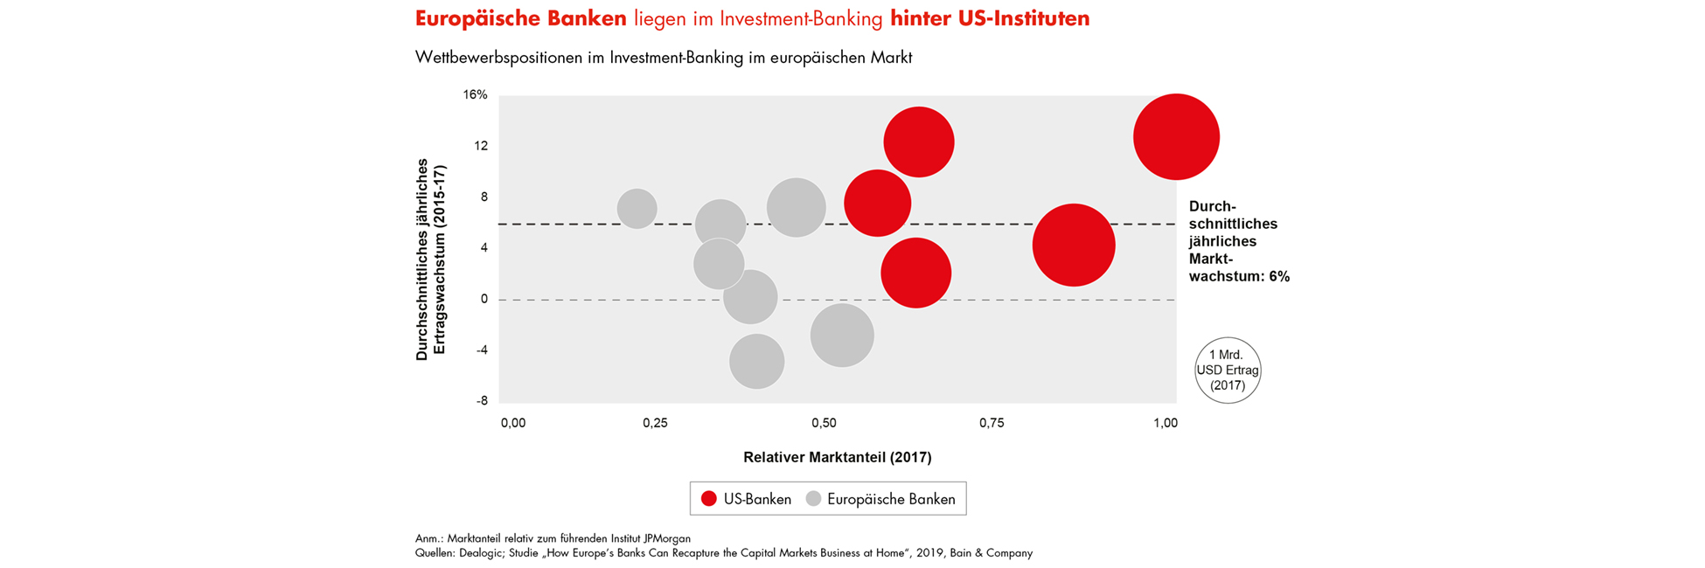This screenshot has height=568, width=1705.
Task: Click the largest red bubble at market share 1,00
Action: (1176, 137)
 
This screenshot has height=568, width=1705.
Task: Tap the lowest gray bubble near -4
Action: (756, 361)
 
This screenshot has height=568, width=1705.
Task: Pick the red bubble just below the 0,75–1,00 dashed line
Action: (1074, 246)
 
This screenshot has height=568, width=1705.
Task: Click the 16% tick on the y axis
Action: (476, 94)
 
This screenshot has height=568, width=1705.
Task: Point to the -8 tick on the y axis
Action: (482, 401)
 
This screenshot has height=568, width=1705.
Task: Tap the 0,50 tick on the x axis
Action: (824, 423)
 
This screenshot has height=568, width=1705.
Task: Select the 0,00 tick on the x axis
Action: (513, 423)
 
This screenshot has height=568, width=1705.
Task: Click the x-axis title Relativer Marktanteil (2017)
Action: (837, 457)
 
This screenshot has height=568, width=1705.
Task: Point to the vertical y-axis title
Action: (430, 260)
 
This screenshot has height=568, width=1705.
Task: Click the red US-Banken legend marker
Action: (709, 499)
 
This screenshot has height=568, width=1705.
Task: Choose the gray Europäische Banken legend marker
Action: (813, 499)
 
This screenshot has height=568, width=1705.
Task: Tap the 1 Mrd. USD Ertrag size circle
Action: (1228, 371)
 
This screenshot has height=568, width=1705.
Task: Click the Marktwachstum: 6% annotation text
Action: (1238, 276)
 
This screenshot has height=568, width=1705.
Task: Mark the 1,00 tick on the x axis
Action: (1166, 423)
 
